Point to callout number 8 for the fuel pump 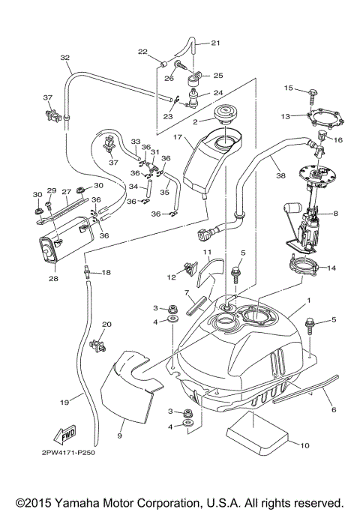pyautogui.click(x=335, y=214)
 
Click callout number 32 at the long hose pyautogui.click(x=65, y=58)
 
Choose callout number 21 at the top pyautogui.click(x=215, y=42)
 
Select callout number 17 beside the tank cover pyautogui.click(x=177, y=137)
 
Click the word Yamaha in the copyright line pyautogui.click(x=80, y=502)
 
